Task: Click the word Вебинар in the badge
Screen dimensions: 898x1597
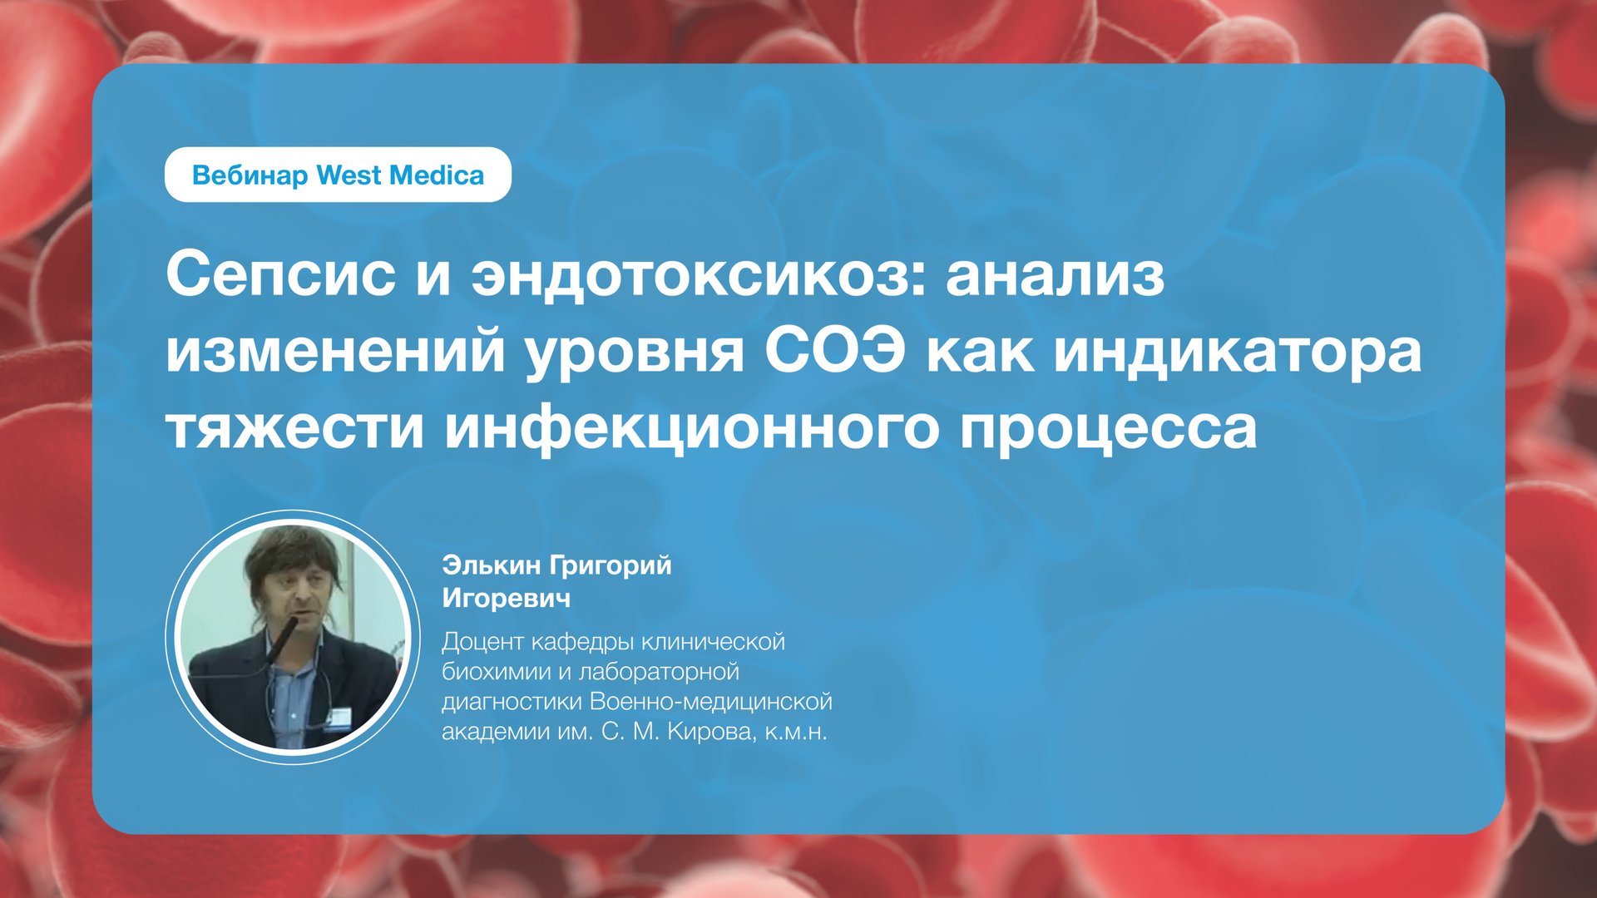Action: (250, 175)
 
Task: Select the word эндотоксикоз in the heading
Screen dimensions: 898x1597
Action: (698, 274)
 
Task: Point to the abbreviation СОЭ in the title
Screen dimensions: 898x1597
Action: (834, 351)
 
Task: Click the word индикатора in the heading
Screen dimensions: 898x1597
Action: (1238, 351)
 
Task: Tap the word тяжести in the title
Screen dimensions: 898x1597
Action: (294, 427)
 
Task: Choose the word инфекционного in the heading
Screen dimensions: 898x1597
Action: (691, 427)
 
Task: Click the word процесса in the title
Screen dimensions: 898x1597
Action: (1108, 427)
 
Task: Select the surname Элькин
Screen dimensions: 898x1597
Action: (493, 565)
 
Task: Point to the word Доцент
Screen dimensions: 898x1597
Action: (482, 642)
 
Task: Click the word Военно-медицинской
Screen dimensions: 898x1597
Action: (710, 702)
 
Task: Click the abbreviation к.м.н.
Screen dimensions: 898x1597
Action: (796, 733)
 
